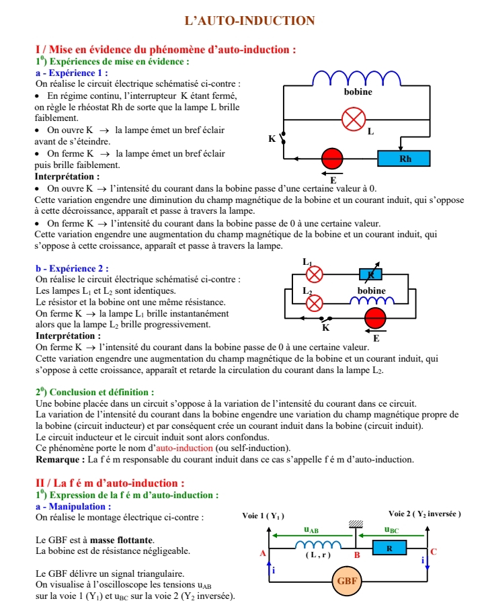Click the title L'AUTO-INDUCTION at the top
point(249,21)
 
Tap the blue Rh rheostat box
point(405,159)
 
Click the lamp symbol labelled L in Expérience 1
point(353,119)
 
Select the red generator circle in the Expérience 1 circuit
point(332,159)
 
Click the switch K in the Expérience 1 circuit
point(283,138)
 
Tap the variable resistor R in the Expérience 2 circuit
point(372,274)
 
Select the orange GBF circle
point(347,579)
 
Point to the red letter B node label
point(357,555)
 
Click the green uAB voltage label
point(311,530)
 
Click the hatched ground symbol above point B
point(356,524)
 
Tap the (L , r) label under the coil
point(318,555)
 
